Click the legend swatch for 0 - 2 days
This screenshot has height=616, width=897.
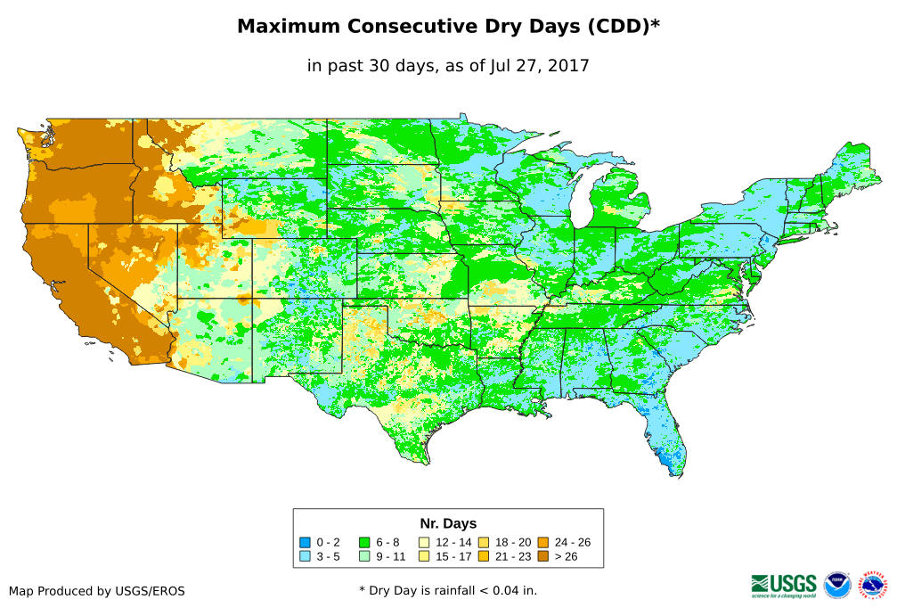(305, 542)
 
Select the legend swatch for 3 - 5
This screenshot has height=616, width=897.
(305, 556)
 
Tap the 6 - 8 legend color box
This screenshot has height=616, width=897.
(364, 542)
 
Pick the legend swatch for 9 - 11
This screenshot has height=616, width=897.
(364, 556)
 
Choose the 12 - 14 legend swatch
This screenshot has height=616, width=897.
(424, 542)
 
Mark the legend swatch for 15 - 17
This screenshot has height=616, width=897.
(424, 556)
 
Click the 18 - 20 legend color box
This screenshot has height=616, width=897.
(484, 542)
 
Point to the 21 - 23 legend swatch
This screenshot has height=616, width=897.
(484, 556)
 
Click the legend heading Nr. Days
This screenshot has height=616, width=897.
(448, 523)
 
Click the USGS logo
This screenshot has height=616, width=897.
(784, 585)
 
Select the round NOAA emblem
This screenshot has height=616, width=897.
(837, 585)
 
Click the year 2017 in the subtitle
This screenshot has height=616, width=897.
(568, 66)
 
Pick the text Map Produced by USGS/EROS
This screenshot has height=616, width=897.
(97, 591)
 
